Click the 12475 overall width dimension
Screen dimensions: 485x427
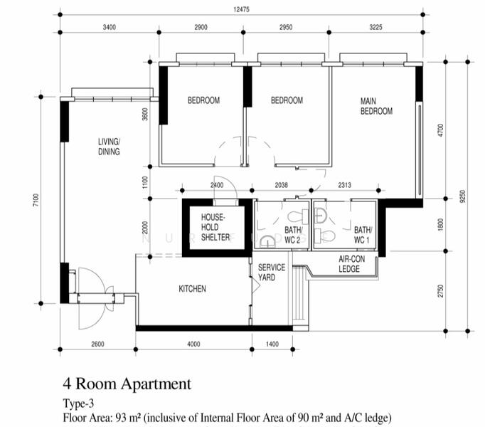[x=241, y=9]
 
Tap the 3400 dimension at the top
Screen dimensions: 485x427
[x=110, y=27]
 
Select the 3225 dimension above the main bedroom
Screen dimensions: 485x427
[x=375, y=27]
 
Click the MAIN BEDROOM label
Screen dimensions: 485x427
[x=376, y=106]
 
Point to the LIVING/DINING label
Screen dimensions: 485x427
[x=109, y=147]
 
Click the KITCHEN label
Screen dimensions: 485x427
[x=192, y=289]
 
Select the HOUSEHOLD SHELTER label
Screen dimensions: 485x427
[x=215, y=227]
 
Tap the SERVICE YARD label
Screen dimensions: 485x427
[x=272, y=272]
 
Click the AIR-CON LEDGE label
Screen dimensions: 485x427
[x=351, y=264]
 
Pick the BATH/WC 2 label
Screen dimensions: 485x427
[x=294, y=235]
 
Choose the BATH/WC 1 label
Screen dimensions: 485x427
[x=363, y=235]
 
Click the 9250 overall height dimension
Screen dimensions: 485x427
[x=462, y=196]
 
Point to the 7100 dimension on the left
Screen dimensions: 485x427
[x=36, y=200]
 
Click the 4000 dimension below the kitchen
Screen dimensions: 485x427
[x=193, y=344]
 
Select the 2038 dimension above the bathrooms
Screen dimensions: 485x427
[x=281, y=185]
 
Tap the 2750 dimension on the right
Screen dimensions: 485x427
[x=441, y=291]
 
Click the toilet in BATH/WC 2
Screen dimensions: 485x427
[x=298, y=216]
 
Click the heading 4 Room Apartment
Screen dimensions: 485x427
[x=127, y=384]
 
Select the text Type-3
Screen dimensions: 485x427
[x=78, y=404]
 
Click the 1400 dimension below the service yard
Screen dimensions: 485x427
[x=272, y=344]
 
